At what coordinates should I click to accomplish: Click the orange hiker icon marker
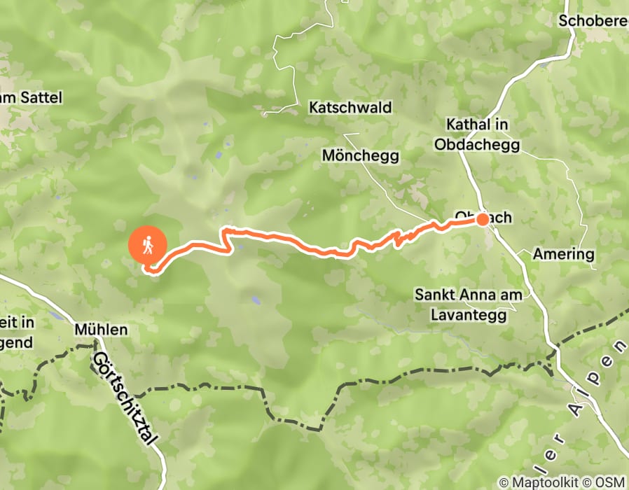coord(148,245)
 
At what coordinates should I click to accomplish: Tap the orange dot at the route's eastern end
coord(483,220)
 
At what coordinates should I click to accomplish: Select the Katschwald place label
coord(350,108)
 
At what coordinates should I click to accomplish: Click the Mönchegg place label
coord(360,155)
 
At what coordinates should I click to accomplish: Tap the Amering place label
coord(563,253)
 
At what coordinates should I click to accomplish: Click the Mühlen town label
coord(102,329)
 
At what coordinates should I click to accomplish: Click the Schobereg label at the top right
coord(593,21)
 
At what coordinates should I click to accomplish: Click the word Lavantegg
coord(469,314)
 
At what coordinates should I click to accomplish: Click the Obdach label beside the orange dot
coord(483,218)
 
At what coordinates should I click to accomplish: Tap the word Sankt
coord(431,295)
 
